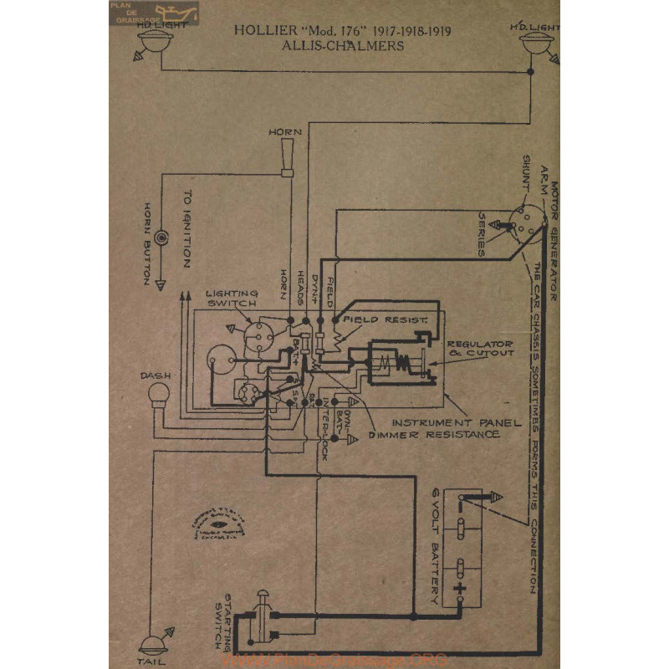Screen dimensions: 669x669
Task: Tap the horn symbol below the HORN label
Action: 287,159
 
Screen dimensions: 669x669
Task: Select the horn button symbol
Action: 161,237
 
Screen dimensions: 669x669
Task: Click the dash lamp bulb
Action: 159,394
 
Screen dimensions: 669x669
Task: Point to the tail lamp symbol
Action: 153,644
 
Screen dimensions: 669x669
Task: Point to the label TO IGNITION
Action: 187,229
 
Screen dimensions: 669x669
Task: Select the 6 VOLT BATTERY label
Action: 432,548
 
